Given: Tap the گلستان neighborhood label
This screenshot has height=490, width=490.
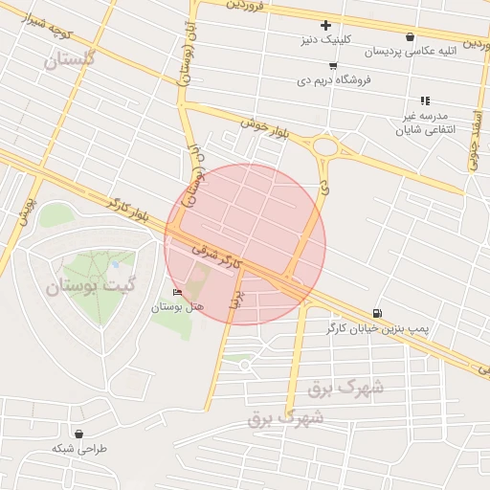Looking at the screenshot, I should (71, 59).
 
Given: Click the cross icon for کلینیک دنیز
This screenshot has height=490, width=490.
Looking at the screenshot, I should (325, 25).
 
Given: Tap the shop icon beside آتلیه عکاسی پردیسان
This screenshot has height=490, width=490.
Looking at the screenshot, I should (411, 36).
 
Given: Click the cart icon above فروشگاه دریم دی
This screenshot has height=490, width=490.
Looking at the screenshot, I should (332, 66).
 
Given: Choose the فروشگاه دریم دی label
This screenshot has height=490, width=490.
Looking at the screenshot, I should (334, 80).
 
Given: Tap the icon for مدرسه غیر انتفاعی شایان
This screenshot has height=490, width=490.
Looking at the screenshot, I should (425, 100).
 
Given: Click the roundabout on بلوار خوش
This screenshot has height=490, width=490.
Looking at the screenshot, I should (325, 147).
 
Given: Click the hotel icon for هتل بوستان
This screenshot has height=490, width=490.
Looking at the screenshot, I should (176, 292).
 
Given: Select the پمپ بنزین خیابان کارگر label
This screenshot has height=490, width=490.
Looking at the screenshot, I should (417, 328).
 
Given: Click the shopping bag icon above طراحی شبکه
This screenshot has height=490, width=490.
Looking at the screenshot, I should (78, 434).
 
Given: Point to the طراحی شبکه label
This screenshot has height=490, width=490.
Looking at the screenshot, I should (79, 448).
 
